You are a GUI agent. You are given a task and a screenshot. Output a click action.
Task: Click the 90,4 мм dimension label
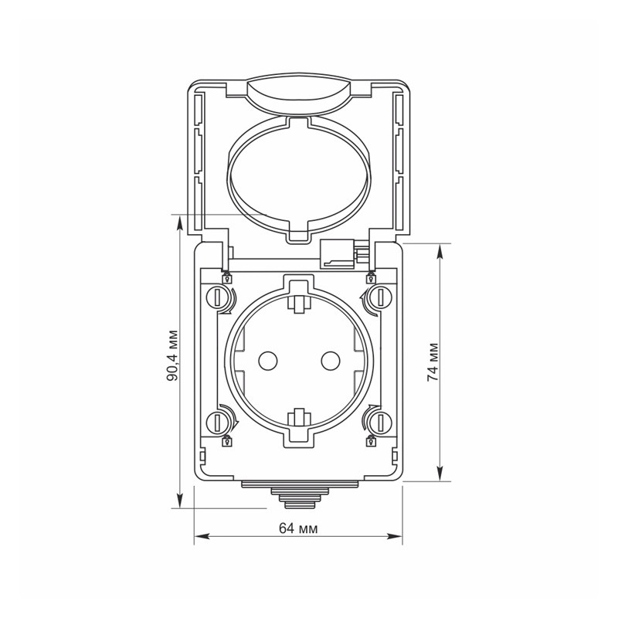[x=171, y=355]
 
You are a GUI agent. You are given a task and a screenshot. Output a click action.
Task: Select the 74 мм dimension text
[x=433, y=362]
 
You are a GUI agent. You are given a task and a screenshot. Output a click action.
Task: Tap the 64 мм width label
[x=298, y=528]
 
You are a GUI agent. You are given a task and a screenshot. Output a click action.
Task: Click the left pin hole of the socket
[x=268, y=360]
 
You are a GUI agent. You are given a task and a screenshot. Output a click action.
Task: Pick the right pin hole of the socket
[x=331, y=360]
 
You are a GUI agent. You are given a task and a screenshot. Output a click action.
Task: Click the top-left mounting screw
[x=217, y=297]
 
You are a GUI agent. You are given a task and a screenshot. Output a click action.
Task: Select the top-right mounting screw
[x=380, y=297]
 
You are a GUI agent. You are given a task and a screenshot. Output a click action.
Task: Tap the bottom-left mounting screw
[x=217, y=423]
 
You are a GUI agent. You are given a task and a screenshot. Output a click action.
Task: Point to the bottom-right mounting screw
[x=380, y=423]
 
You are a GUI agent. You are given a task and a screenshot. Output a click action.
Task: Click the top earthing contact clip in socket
[x=299, y=303]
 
